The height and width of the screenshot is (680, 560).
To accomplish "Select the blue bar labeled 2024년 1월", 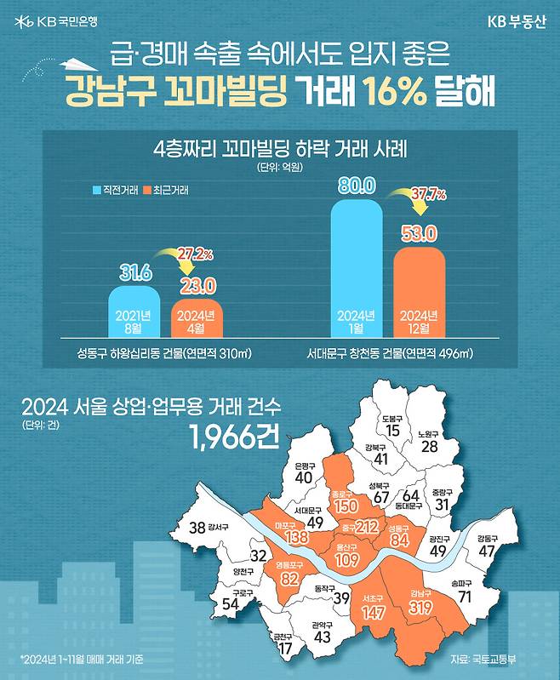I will (x=356, y=268).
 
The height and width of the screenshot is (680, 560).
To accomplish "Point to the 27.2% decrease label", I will (x=195, y=254).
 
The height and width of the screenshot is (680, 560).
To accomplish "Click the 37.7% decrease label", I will (x=429, y=195).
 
